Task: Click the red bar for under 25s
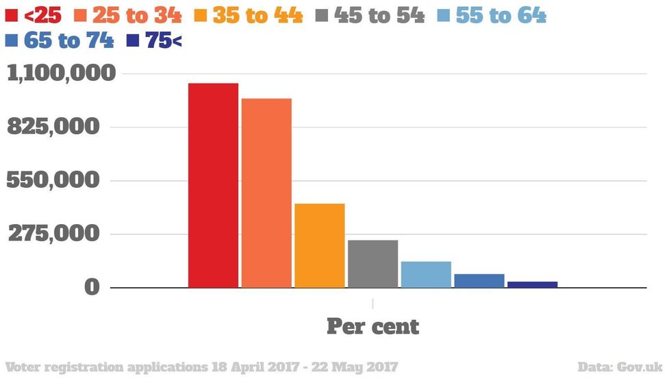point(214,185)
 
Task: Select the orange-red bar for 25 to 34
point(266,193)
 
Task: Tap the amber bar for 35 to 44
point(320,245)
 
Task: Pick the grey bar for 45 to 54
point(372,263)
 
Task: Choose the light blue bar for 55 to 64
point(426,274)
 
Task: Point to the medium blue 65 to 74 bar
point(479,280)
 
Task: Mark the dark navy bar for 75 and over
point(532,284)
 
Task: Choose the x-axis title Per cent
point(372,326)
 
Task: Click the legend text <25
point(42,15)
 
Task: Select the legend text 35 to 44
point(257,15)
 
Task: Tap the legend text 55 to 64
point(501,15)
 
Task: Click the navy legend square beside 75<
point(133,41)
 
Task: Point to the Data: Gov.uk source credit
point(620,367)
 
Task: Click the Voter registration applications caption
point(201,367)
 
